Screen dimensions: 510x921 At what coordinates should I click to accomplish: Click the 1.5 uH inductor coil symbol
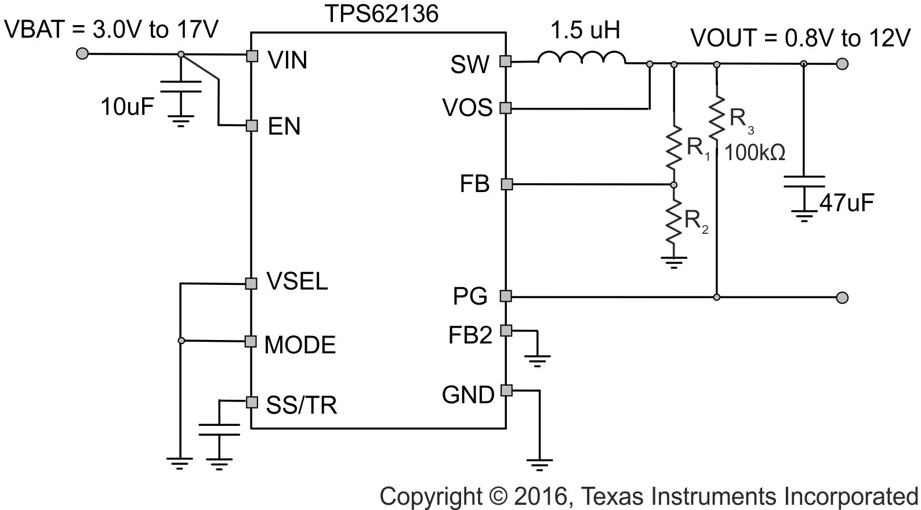(582, 57)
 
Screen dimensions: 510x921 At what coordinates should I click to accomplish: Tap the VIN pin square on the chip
(252, 56)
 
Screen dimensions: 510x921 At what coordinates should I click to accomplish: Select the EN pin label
(284, 126)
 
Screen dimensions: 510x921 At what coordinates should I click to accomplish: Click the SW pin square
(506, 62)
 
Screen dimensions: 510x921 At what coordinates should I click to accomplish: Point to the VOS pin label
(467, 108)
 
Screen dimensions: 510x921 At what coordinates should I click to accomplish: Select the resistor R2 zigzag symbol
(673, 220)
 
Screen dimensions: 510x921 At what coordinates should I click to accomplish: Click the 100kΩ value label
(755, 153)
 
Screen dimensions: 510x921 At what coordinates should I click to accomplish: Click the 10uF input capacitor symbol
(180, 87)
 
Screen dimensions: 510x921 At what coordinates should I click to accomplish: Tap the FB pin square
(506, 185)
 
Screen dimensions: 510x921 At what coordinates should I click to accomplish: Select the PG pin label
(470, 296)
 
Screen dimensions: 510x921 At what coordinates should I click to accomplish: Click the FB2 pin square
(506, 330)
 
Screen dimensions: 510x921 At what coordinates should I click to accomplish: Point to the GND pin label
(467, 395)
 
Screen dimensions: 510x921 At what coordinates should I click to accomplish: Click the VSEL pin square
(251, 283)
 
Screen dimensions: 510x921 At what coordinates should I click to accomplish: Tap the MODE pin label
(300, 345)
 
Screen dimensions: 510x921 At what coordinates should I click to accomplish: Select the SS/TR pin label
(302, 405)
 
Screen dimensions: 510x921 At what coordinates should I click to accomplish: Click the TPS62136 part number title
(381, 14)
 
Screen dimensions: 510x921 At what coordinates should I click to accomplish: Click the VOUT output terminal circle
(842, 63)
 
